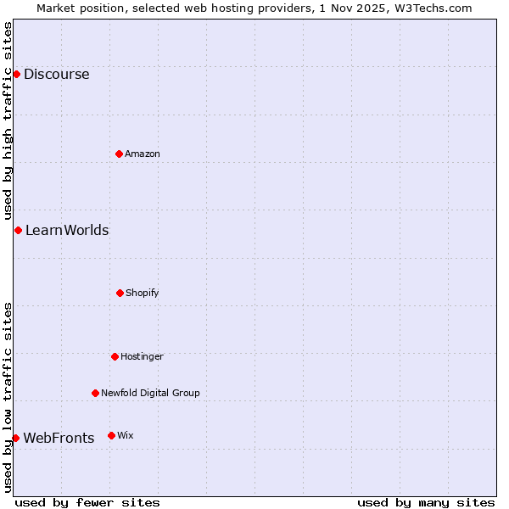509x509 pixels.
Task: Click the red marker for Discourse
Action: [16, 74]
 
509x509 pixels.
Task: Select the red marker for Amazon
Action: [119, 154]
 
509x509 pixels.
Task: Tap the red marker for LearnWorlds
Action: [18, 230]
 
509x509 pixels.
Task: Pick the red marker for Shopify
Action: [120, 293]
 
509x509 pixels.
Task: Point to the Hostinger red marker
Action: [115, 356]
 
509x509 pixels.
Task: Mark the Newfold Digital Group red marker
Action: [95, 393]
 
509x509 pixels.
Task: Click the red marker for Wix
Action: [111, 435]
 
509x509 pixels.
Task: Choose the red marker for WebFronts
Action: [15, 438]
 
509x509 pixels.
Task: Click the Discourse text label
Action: [56, 74]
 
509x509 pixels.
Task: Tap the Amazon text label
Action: [143, 154]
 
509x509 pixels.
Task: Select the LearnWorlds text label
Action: [67, 230]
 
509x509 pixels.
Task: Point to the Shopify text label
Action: [143, 293]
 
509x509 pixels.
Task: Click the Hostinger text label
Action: [142, 356]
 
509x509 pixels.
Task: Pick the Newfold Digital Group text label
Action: [150, 393]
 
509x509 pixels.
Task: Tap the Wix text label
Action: [126, 435]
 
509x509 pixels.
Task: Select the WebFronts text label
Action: [59, 438]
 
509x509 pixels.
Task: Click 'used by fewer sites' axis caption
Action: [87, 502]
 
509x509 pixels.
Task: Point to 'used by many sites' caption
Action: [426, 502]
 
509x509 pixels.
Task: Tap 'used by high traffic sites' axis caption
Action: [8, 120]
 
